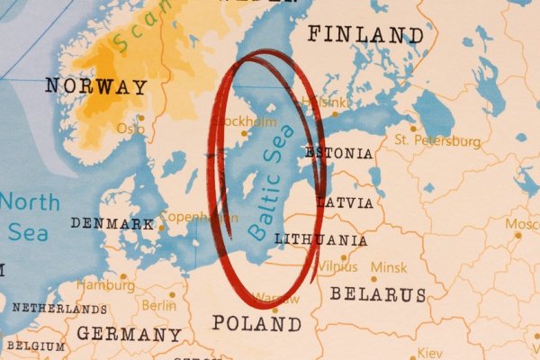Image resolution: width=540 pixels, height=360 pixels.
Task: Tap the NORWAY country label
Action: pyautogui.click(x=96, y=87)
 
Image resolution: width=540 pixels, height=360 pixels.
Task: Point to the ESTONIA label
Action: pyautogui.click(x=338, y=154)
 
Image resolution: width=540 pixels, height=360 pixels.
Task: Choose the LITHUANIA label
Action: pyautogui.click(x=320, y=240)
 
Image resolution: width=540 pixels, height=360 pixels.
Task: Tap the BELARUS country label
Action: pyautogui.click(x=377, y=294)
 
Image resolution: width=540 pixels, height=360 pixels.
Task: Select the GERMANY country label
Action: pyautogui.click(x=128, y=334)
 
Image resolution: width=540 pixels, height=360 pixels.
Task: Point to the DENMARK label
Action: pyautogui.click(x=112, y=222)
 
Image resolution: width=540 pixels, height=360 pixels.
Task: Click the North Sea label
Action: pyautogui.click(x=29, y=216)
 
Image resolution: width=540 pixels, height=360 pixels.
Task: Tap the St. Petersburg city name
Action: pyautogui.click(x=438, y=141)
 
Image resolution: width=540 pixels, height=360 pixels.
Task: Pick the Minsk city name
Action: pyautogui.click(x=389, y=267)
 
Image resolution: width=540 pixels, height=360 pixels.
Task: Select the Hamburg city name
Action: pyautogui.click(x=105, y=285)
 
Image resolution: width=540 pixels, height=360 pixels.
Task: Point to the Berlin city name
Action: pyautogui.click(x=158, y=305)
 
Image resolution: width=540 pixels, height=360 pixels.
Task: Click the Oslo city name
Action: pyautogui.click(x=130, y=129)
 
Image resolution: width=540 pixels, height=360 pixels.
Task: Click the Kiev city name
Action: pyautogui.click(x=430, y=352)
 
